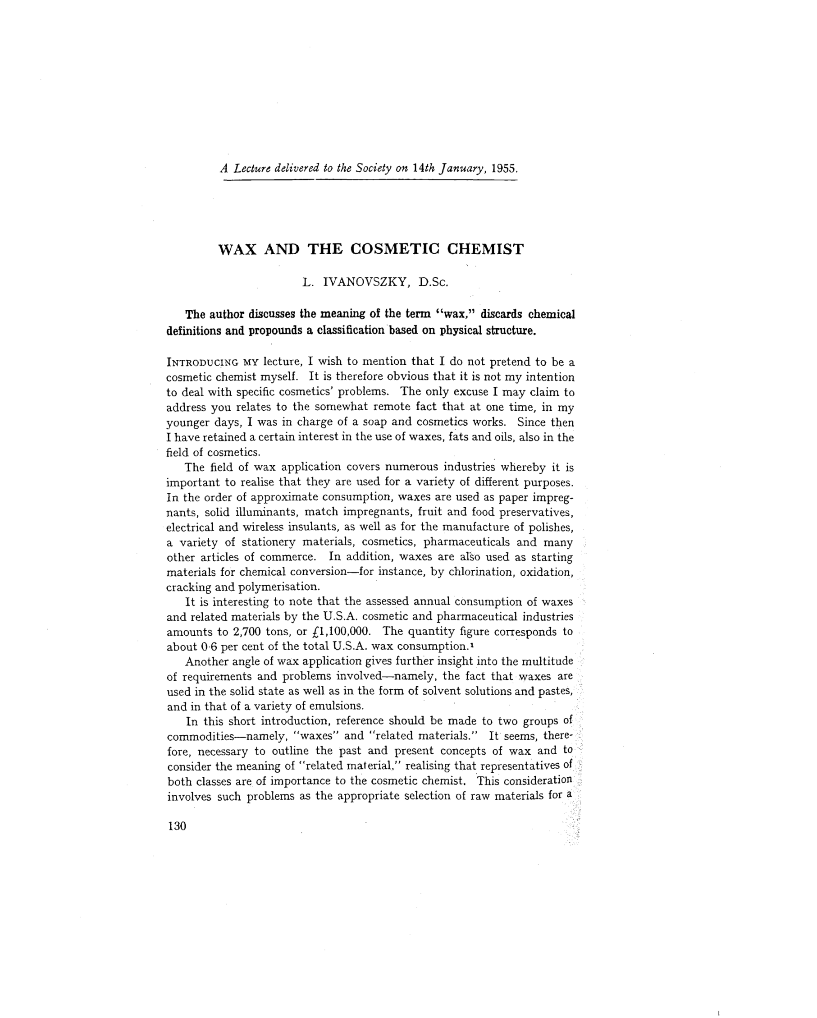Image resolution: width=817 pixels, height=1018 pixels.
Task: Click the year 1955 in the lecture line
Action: [x=504, y=169]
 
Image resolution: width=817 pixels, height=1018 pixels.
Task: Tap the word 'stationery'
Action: [x=269, y=542]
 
